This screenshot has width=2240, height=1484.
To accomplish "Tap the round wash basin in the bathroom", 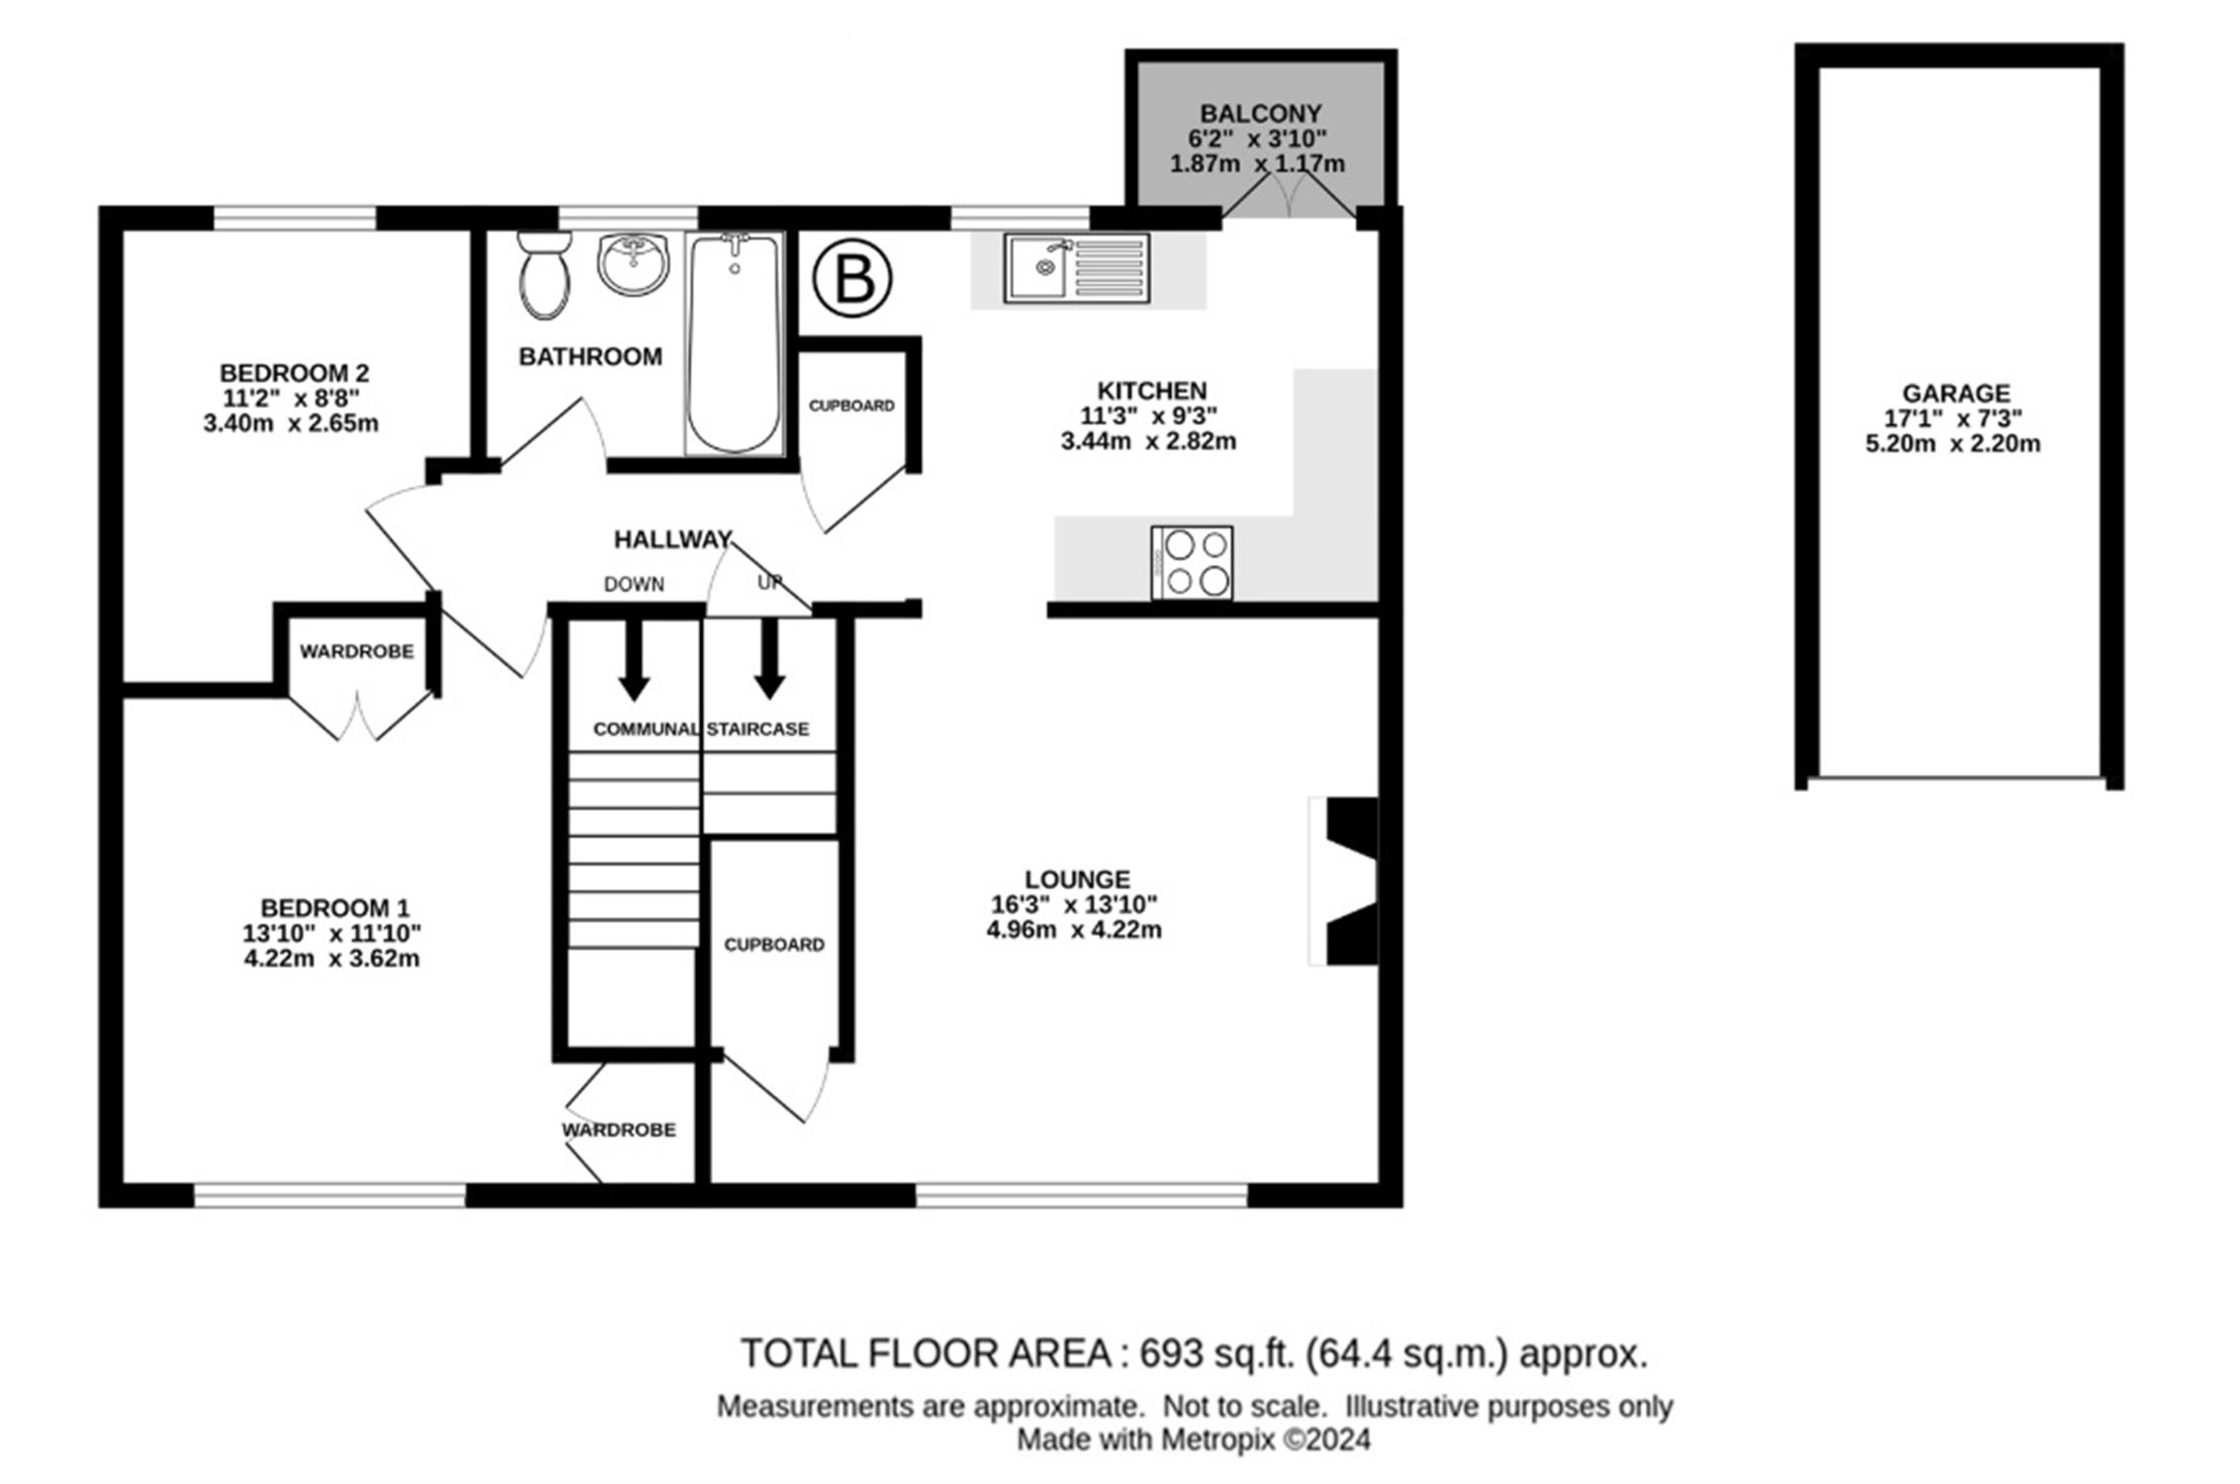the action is tap(633, 264).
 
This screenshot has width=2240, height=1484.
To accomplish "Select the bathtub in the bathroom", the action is tap(734, 343).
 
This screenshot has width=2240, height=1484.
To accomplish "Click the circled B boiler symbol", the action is tap(852, 280).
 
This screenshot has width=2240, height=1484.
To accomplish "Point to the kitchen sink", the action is tap(1077, 267).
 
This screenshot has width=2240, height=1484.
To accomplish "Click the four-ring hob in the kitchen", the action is tap(1192, 562).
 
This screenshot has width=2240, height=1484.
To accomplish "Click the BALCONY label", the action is tap(1260, 114).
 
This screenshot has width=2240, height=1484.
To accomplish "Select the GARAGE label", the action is tap(1956, 394).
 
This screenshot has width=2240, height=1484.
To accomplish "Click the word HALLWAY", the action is tap(672, 539).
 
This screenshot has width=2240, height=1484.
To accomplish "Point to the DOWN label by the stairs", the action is tap(634, 585).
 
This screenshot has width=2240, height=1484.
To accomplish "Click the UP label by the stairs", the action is tap(769, 583).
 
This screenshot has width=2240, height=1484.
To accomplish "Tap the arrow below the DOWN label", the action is tap(634, 659).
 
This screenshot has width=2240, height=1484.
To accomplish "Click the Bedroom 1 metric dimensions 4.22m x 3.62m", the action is tap(332, 959).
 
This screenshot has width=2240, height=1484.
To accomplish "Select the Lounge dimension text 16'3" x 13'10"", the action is tap(1074, 904).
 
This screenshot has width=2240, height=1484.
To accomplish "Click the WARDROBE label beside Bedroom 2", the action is tap(357, 652).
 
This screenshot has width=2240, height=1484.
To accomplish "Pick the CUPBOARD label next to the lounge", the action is tap(774, 945).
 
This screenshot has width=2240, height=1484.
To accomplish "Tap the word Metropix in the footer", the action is tap(1217, 1439).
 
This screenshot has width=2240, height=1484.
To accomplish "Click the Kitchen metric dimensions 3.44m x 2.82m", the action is tap(1148, 441).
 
